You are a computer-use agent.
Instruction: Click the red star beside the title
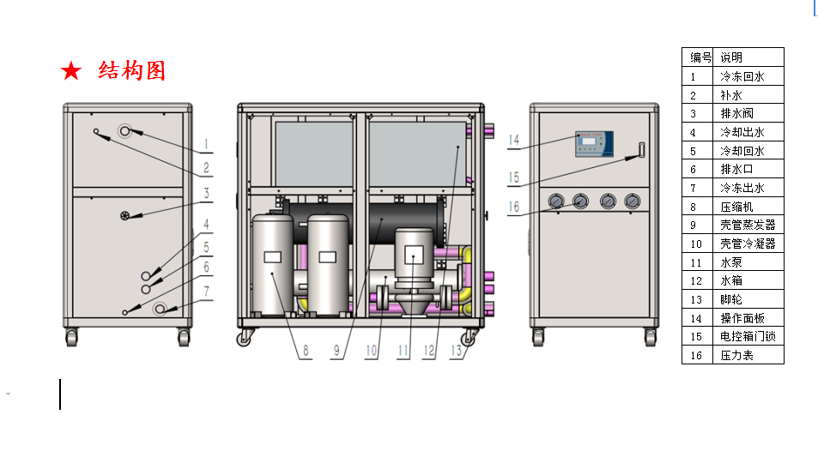click(x=71, y=71)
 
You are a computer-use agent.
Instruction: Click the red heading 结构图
click(x=132, y=71)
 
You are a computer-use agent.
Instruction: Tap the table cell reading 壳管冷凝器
click(x=748, y=244)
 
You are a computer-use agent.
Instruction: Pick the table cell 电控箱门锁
click(x=748, y=336)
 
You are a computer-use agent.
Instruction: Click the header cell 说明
click(x=748, y=57)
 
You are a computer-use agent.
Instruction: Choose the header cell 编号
click(x=698, y=57)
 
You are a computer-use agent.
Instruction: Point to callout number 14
click(x=514, y=140)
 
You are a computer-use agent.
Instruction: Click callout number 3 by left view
click(x=207, y=193)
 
